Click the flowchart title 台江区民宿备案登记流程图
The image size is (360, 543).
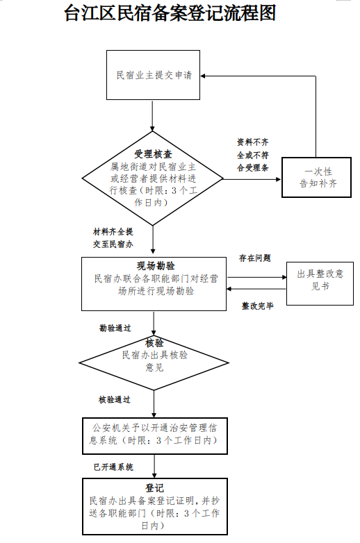170,12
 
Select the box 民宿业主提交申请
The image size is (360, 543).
153,75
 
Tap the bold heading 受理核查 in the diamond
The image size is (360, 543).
153,154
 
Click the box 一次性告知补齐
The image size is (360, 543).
317,177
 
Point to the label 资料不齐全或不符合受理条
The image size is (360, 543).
253,155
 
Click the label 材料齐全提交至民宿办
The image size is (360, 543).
113,238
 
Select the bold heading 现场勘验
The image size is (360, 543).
156,266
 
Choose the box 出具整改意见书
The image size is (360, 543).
320,283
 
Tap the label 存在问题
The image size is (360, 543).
255,258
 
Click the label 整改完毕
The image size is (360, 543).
257,306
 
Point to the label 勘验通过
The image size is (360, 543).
115,328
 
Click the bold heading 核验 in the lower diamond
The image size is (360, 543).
154,343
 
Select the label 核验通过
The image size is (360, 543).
115,400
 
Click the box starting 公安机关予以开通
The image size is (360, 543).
155,435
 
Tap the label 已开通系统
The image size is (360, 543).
114,467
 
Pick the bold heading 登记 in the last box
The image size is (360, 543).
154,488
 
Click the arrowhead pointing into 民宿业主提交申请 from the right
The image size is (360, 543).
203,76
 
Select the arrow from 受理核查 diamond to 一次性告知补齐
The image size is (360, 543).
252,179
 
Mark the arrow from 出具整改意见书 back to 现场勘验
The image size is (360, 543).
256,289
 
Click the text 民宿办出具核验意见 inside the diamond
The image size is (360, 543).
154,361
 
